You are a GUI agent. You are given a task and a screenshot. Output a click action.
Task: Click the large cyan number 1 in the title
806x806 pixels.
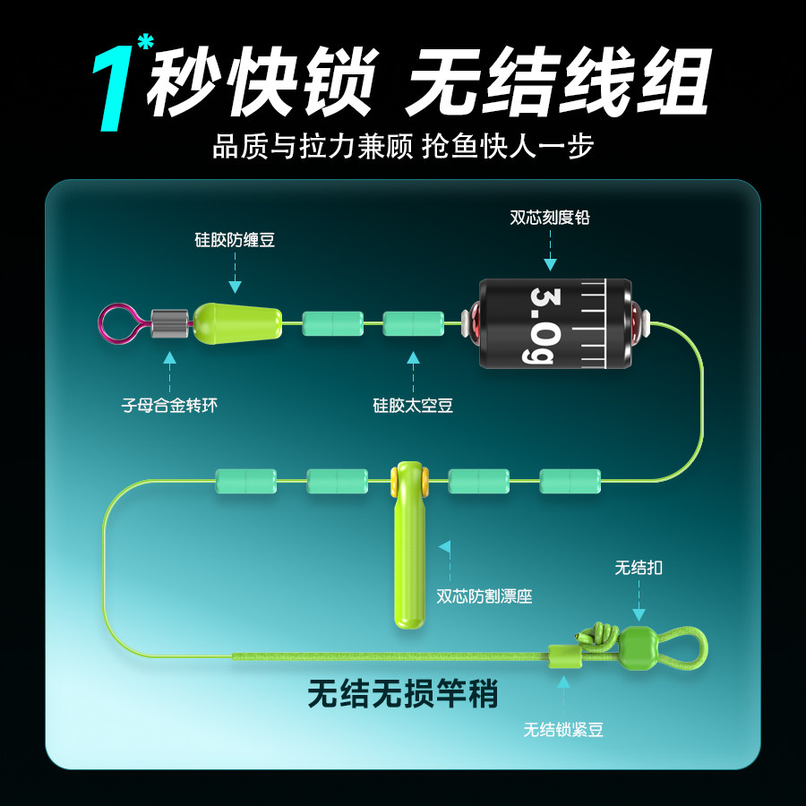[112, 89]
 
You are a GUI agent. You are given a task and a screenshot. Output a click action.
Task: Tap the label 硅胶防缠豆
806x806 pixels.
[235, 240]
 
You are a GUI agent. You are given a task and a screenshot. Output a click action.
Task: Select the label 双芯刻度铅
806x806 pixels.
[550, 218]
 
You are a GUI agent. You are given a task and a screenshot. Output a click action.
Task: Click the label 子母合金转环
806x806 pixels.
[169, 406]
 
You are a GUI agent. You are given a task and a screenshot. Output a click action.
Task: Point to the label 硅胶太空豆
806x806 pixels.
[413, 406]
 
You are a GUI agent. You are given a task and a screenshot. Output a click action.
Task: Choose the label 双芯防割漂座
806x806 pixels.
[484, 596]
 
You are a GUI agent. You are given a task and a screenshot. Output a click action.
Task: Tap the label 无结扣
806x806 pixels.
[639, 568]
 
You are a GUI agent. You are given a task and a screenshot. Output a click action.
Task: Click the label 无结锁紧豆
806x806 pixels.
[563, 730]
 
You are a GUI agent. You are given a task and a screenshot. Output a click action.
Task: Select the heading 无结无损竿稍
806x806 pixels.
[403, 694]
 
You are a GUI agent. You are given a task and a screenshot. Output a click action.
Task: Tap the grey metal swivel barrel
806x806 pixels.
[169, 323]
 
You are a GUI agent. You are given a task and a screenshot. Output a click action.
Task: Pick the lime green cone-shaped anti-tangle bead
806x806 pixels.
[237, 324]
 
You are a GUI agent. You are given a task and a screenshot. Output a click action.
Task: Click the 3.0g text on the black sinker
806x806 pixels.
[543, 325]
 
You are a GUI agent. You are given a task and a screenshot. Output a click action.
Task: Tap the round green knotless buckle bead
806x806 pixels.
[638, 647]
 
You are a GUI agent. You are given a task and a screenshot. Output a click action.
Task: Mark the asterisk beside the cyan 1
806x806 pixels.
[145, 41]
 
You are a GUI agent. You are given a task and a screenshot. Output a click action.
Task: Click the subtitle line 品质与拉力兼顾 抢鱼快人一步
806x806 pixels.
[404, 147]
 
